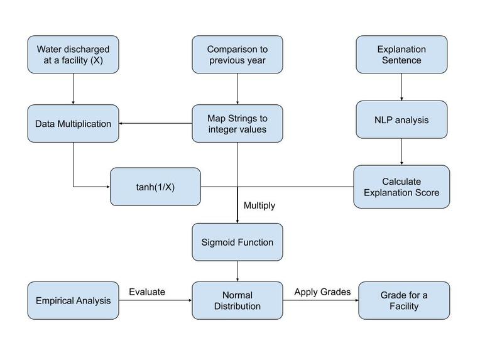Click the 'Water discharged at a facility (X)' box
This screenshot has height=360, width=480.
point(73,55)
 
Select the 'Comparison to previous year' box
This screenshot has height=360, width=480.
point(237,55)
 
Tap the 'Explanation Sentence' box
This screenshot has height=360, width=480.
point(401,55)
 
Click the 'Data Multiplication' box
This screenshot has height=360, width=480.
point(73,124)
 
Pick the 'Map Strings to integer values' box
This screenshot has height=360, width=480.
point(237,124)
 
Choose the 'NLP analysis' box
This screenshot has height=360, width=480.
point(401,119)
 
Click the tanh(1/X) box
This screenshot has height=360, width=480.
point(155,187)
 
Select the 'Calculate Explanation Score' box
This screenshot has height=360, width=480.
point(401,187)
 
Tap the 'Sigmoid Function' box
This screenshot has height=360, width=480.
point(237,242)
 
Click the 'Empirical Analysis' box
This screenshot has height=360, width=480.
point(73,300)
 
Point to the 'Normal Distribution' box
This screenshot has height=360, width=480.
point(237,300)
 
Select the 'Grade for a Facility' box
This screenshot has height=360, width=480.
point(404,300)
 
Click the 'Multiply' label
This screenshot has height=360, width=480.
point(259,205)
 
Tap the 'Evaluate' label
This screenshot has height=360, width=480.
point(147,292)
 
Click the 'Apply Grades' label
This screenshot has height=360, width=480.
point(322,292)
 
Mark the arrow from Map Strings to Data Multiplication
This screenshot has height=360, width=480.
point(155,123)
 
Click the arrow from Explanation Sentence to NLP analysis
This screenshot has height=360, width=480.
point(401,87)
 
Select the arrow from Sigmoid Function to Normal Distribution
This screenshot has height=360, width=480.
point(237,271)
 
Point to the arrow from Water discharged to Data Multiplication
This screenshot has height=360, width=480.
point(73,89)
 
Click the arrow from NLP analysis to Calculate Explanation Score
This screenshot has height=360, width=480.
point(401,151)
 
